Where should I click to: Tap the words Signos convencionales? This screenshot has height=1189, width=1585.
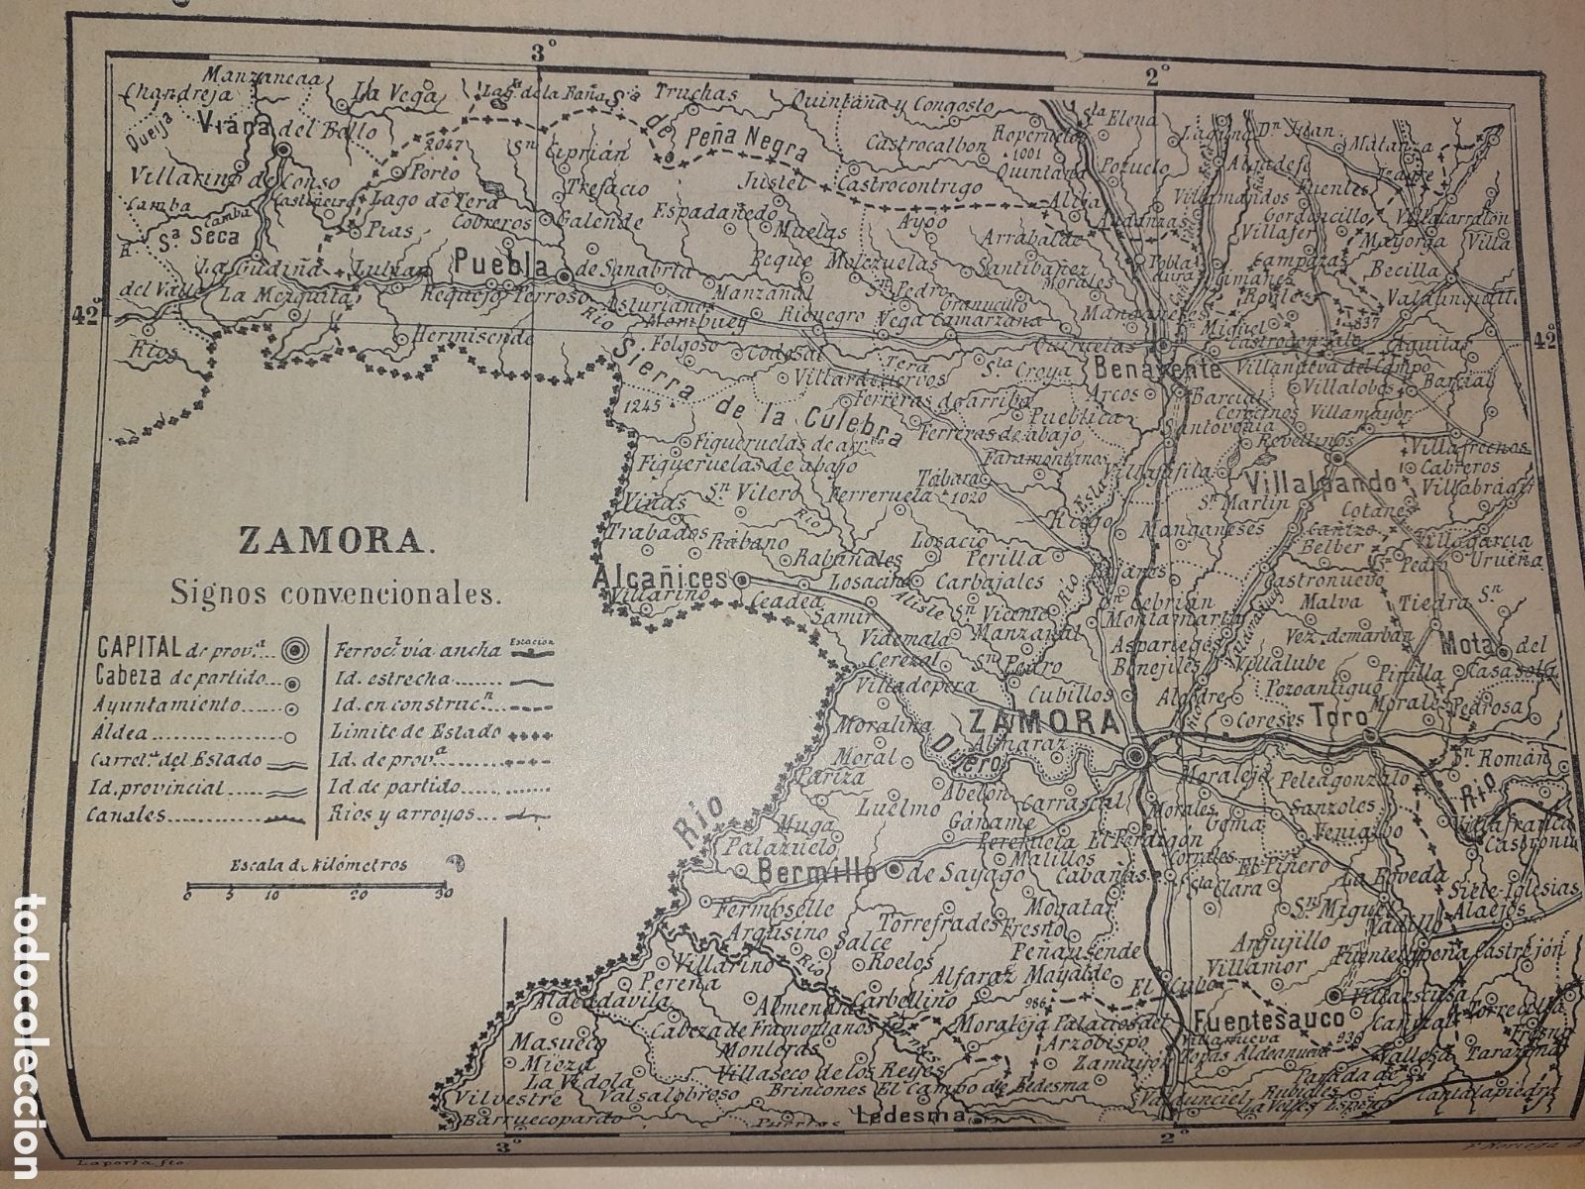(x=336, y=595)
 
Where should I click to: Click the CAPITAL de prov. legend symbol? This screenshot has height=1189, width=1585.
(x=295, y=650)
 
